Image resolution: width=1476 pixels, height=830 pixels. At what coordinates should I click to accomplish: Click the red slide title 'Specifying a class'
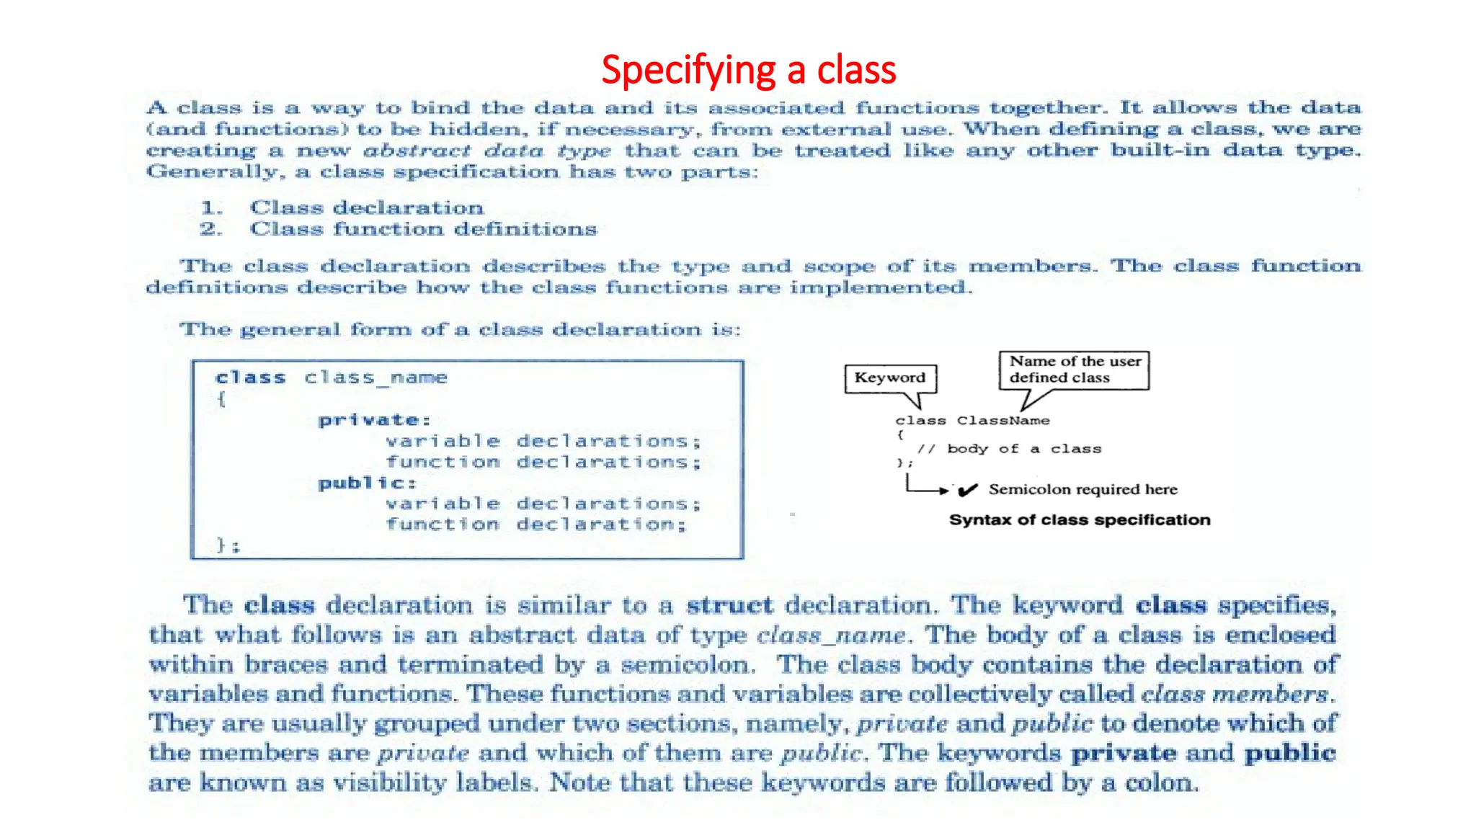coord(748,70)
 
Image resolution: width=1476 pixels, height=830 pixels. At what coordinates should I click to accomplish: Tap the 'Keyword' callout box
coord(890,378)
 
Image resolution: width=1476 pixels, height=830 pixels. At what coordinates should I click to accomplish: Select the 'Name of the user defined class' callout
coord(1074,370)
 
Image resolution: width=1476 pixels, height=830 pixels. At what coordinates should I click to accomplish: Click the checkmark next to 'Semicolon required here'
coord(968,491)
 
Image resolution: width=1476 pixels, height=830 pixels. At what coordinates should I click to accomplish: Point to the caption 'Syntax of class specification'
coord(1079,520)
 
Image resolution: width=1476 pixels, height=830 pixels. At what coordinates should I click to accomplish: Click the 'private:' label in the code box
coord(374,420)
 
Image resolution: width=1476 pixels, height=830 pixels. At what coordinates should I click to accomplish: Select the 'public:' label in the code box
coord(367,483)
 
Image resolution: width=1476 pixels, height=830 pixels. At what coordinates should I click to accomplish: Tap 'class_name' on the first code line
coord(375,378)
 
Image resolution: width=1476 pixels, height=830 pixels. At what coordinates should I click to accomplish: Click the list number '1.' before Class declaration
coord(211,208)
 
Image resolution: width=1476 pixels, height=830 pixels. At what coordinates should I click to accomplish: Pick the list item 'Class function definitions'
coord(423,229)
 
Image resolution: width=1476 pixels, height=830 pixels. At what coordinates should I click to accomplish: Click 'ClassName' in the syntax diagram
coord(1003,421)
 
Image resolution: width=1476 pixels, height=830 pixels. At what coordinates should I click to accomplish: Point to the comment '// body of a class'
coord(1009,449)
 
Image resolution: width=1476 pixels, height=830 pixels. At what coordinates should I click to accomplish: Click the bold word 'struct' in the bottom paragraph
coord(729,605)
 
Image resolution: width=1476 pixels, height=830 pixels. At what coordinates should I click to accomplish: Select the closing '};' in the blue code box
coord(228,545)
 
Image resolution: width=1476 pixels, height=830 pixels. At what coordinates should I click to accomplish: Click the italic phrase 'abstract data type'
coord(487,151)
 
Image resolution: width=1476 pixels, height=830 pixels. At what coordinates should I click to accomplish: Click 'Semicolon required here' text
coord(1082,490)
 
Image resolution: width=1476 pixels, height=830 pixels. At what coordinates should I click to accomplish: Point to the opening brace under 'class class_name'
coord(221,398)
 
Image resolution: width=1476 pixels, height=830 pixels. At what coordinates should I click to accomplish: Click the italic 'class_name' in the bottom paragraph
coord(831,635)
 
